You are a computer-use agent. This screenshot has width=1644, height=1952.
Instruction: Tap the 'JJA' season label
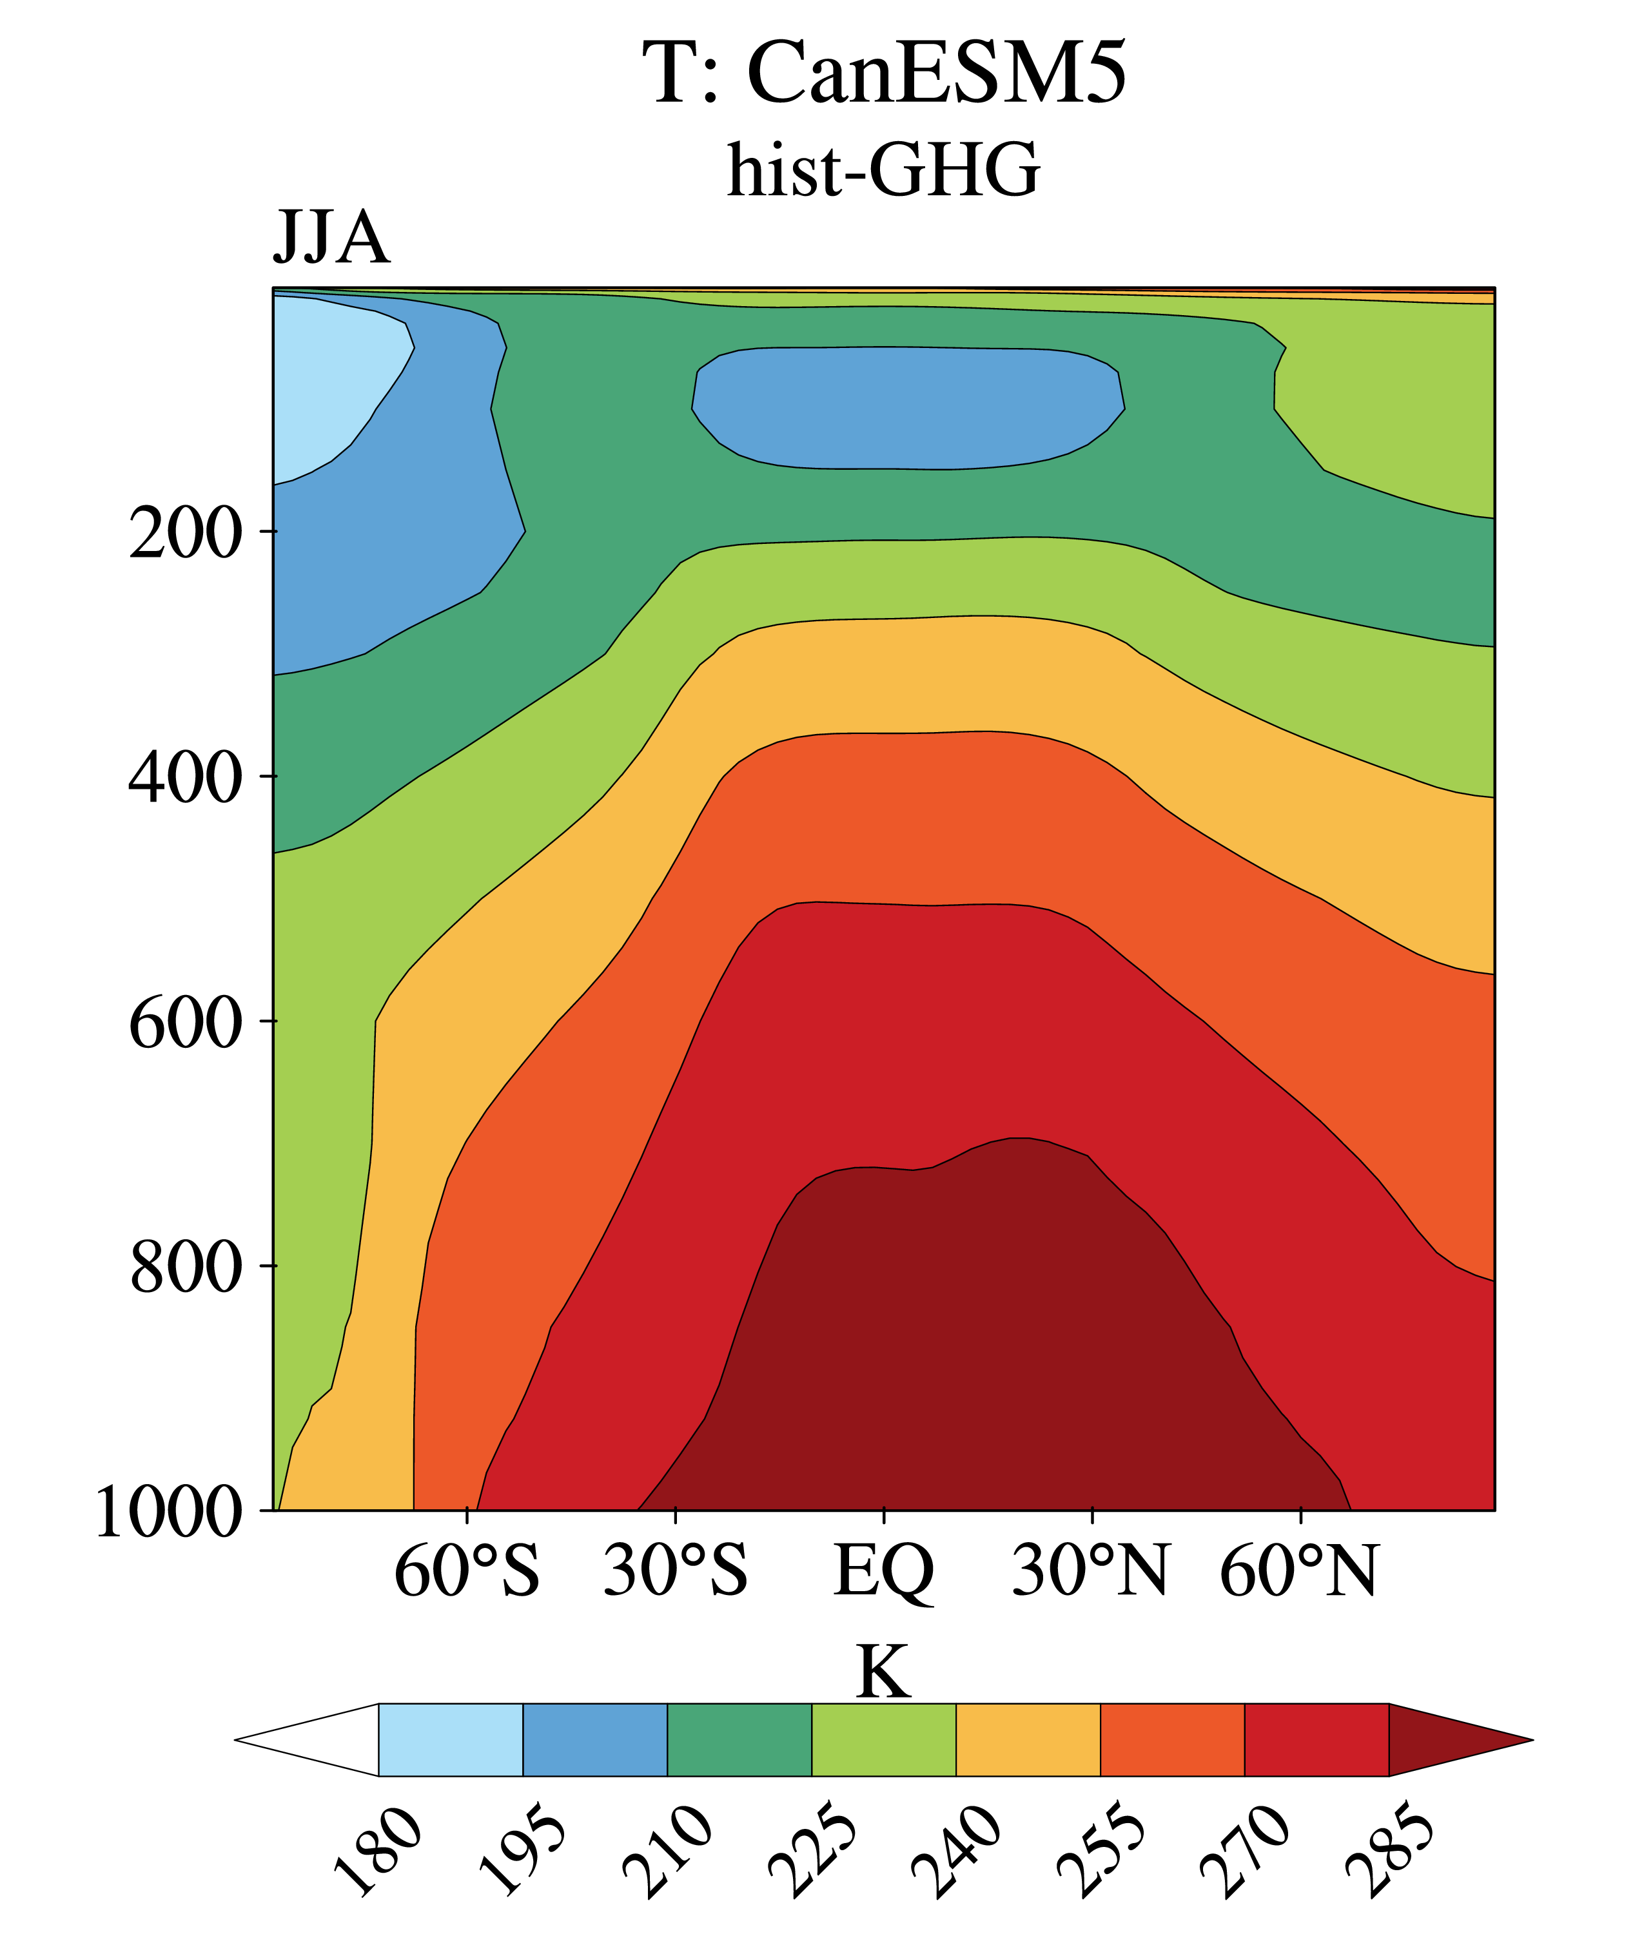(x=331, y=238)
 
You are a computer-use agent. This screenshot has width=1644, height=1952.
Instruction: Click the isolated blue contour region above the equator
(x=908, y=408)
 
